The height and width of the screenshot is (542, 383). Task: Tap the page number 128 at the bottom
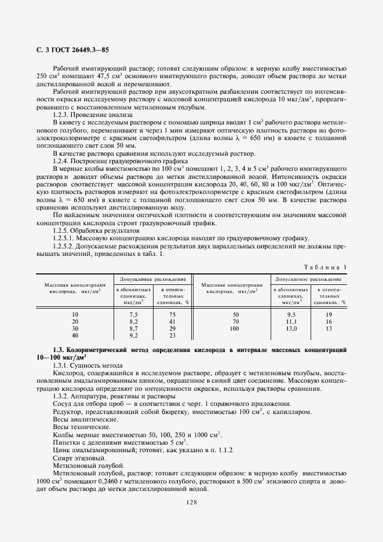[x=191, y=502]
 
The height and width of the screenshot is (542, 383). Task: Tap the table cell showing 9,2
[x=133, y=335]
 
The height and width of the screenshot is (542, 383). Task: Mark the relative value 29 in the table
[x=172, y=328]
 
